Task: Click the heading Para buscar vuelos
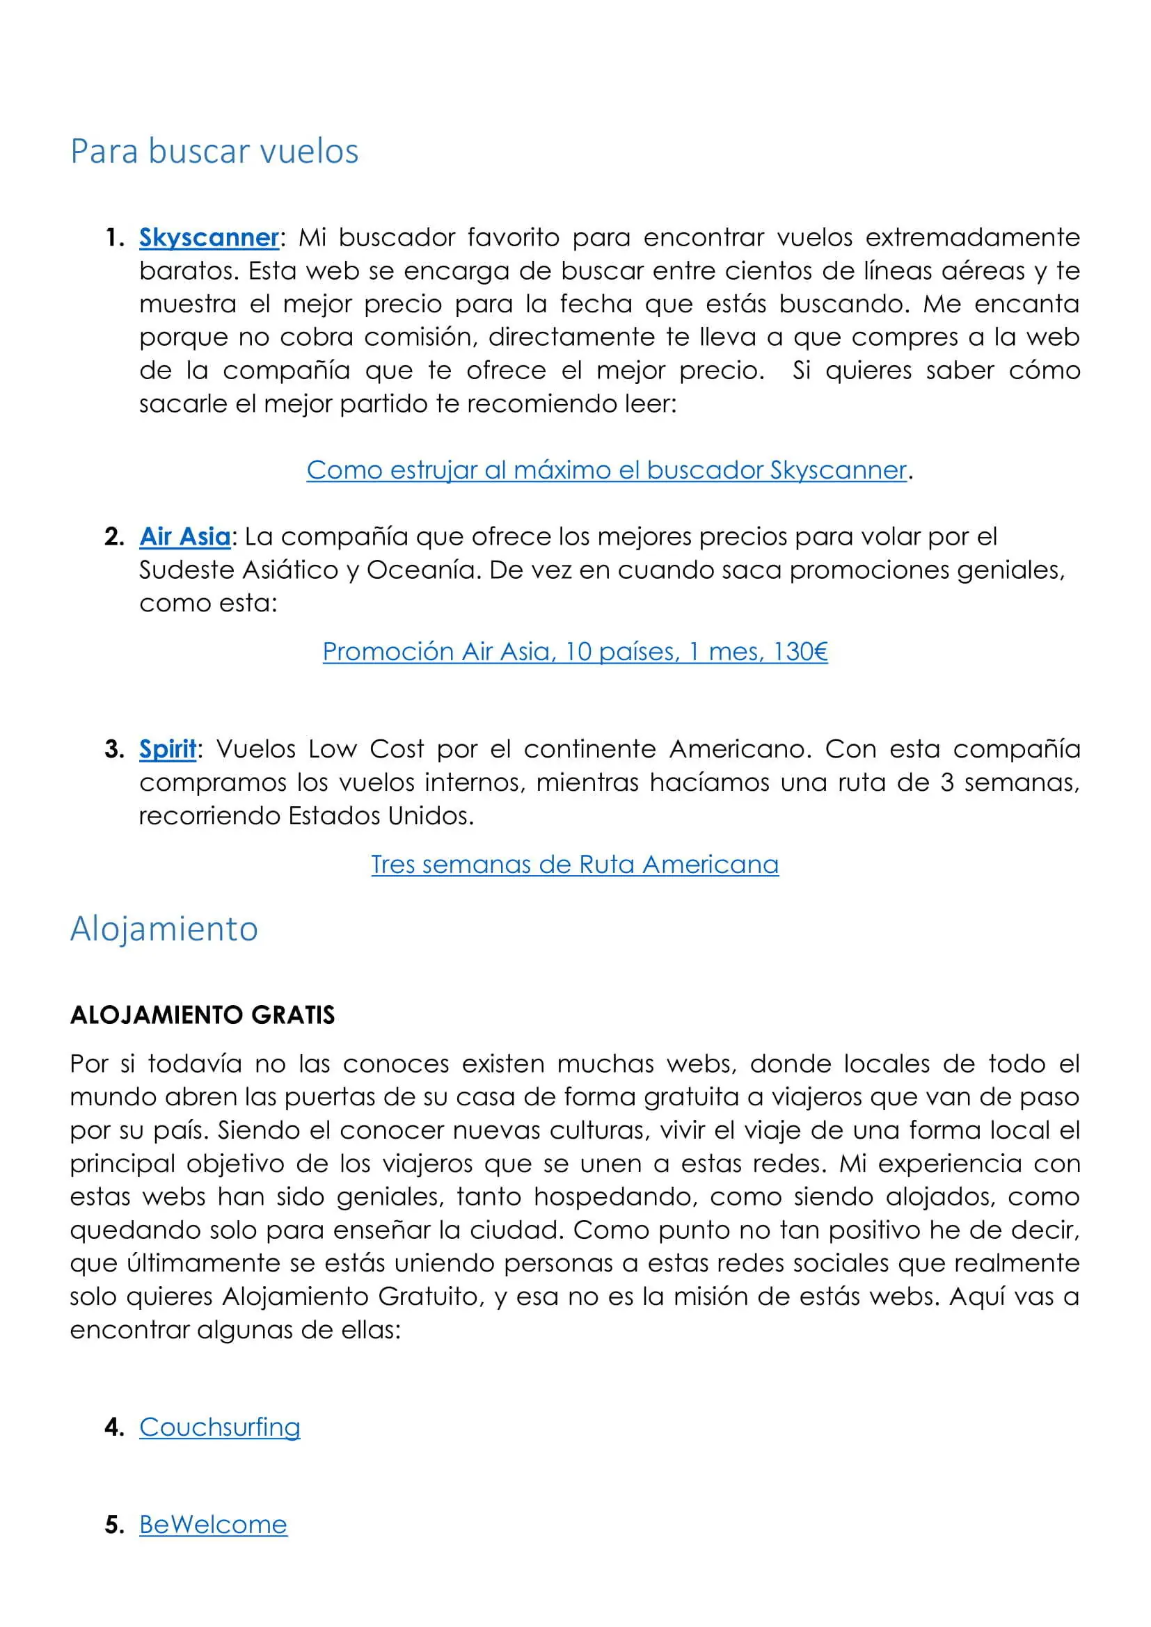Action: coord(214,152)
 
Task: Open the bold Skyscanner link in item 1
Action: coord(209,237)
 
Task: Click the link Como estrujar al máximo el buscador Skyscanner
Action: coord(606,470)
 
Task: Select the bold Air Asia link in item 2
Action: coord(185,536)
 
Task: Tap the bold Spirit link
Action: coord(167,749)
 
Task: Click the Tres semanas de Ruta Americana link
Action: coord(575,865)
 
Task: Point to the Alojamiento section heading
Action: coord(164,929)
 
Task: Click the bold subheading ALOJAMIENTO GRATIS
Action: coord(202,1016)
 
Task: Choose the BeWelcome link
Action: coord(214,1524)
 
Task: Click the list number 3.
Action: coord(113,749)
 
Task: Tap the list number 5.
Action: coord(113,1524)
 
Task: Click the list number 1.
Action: coord(113,237)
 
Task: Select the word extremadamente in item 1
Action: coord(972,237)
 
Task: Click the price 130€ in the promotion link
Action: coord(800,651)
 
